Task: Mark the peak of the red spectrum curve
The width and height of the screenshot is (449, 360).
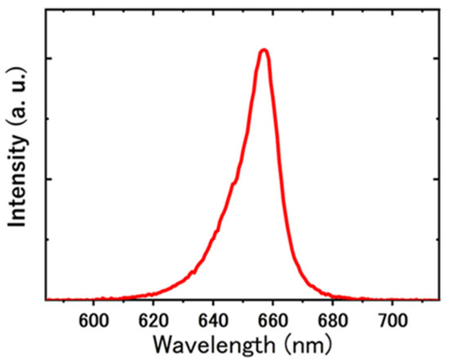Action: click(263, 50)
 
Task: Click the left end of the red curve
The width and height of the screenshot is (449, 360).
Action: click(46, 300)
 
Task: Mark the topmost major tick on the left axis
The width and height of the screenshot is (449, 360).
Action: click(49, 60)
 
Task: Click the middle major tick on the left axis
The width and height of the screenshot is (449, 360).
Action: click(49, 180)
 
